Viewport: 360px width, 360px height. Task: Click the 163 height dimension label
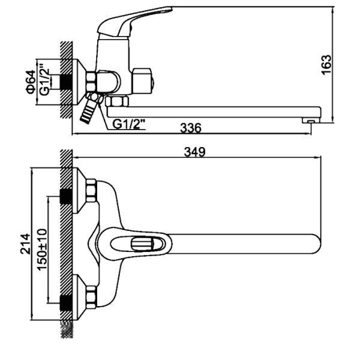327,64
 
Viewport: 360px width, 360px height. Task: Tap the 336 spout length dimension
191,128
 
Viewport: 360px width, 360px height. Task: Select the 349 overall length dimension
194,152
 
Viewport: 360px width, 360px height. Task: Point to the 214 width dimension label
25,244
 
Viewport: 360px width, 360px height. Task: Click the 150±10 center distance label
42,250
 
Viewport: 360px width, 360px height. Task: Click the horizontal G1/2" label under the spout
129,124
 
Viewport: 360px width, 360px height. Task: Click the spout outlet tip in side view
311,121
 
